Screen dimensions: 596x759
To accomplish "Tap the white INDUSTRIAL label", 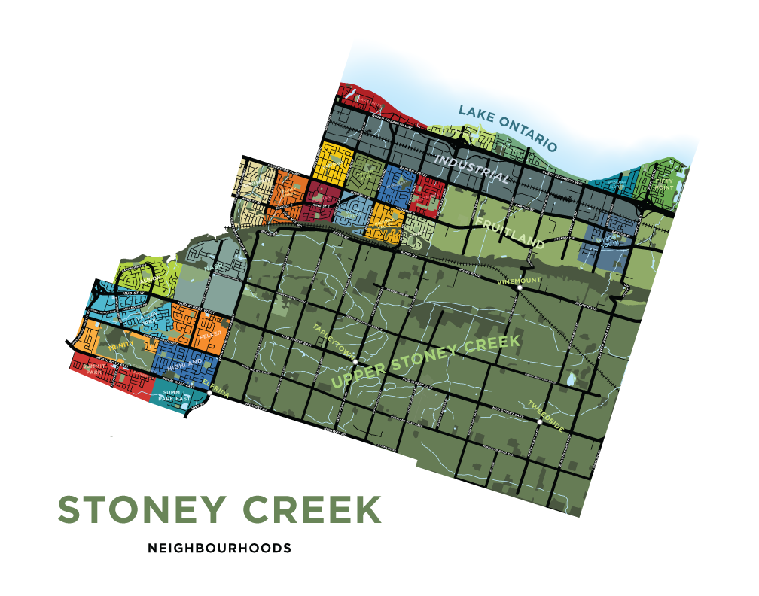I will pyautogui.click(x=472, y=168).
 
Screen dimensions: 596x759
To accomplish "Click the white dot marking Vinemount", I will pyautogui.click(x=520, y=288).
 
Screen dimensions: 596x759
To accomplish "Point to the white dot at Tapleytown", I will pyautogui.click(x=355, y=361).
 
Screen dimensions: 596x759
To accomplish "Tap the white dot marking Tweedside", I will pyautogui.click(x=540, y=421).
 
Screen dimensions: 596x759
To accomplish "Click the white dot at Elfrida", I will pyautogui.click(x=209, y=393).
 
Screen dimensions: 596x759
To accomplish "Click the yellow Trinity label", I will pyautogui.click(x=120, y=345).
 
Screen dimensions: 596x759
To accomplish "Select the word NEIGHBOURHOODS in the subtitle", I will pyautogui.click(x=219, y=549).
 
